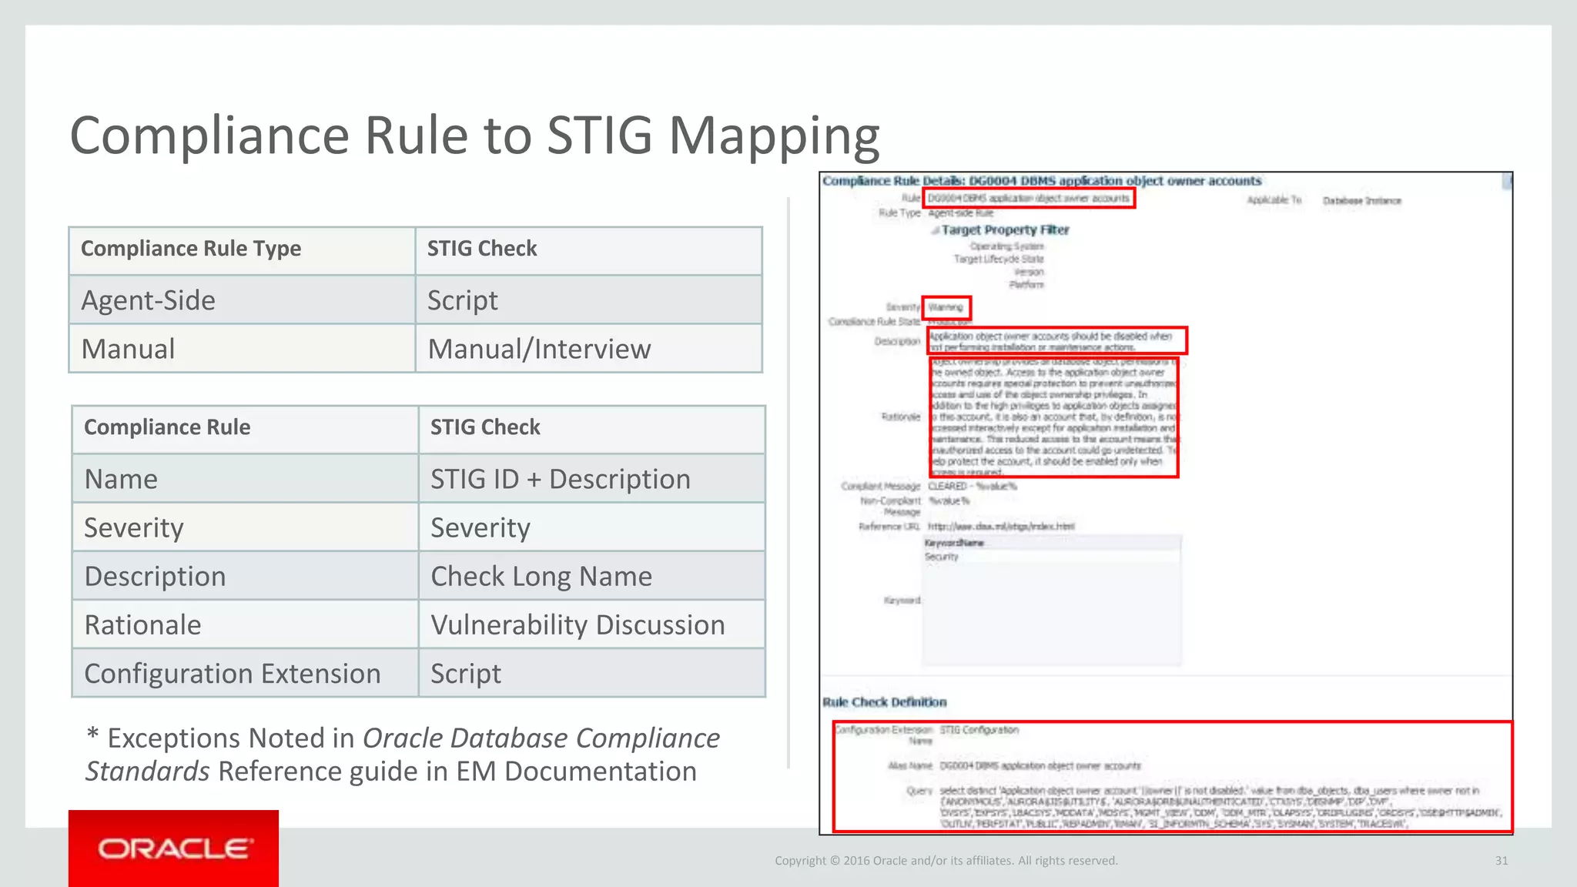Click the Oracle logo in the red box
(x=173, y=849)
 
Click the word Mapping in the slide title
(x=774, y=136)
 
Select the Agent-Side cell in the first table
(x=149, y=300)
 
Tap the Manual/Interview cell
(x=539, y=349)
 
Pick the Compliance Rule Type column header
(x=191, y=249)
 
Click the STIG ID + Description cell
(x=560, y=479)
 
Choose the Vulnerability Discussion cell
(x=578, y=624)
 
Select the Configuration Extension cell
(x=233, y=674)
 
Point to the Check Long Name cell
(x=541, y=576)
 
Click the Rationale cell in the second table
(x=142, y=624)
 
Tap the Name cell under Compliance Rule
(x=121, y=479)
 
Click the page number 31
(x=1502, y=861)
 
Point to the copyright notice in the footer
(x=946, y=861)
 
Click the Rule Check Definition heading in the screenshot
(x=884, y=702)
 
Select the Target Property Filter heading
(x=1005, y=229)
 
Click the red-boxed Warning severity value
(x=946, y=307)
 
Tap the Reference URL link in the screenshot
(x=1000, y=527)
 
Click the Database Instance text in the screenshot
(x=1361, y=201)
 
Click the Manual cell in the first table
(x=129, y=349)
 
